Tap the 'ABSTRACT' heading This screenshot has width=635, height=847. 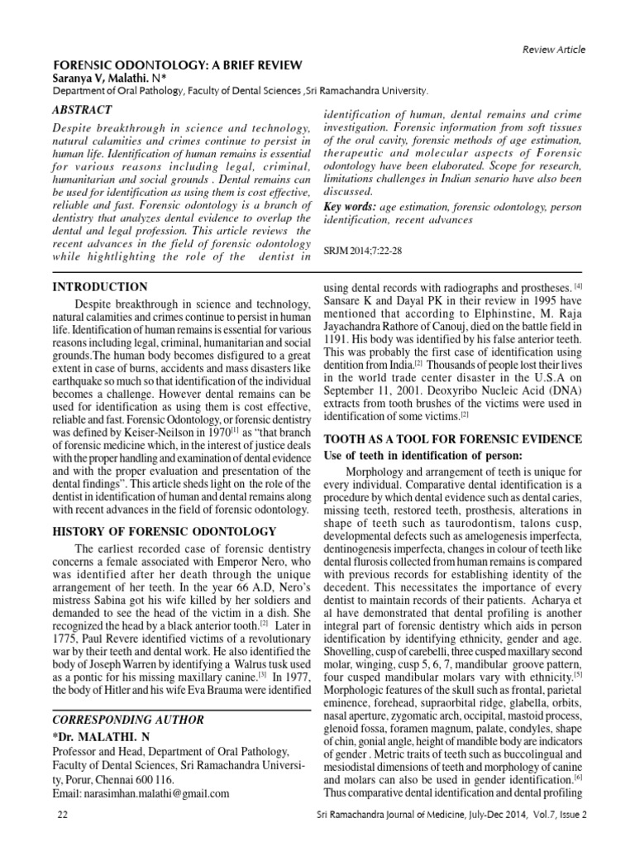[x=82, y=110]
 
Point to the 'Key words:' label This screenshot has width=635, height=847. [x=348, y=205]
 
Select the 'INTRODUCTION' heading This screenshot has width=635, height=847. [x=98, y=287]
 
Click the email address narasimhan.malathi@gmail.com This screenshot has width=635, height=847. [x=156, y=793]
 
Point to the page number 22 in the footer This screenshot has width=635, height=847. [x=62, y=815]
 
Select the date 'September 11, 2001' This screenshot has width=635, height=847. [x=375, y=390]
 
